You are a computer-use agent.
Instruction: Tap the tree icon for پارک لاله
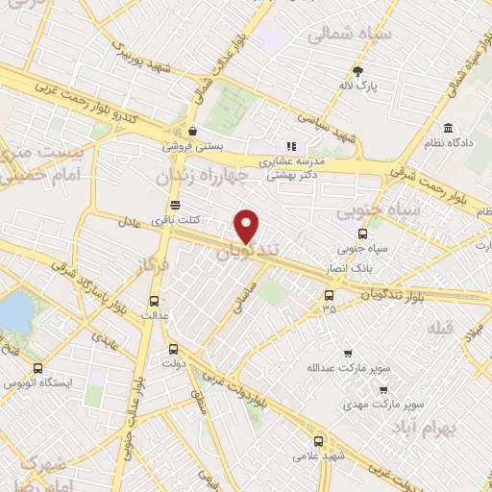click(x=358, y=70)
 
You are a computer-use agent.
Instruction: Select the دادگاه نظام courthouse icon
click(x=449, y=129)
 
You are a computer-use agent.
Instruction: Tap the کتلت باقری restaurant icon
click(x=174, y=205)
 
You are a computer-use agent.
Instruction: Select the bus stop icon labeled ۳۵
click(x=330, y=294)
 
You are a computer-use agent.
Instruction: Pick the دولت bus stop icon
click(x=173, y=350)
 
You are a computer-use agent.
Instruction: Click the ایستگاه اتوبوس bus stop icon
click(x=37, y=368)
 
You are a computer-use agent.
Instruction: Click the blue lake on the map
click(x=13, y=311)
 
